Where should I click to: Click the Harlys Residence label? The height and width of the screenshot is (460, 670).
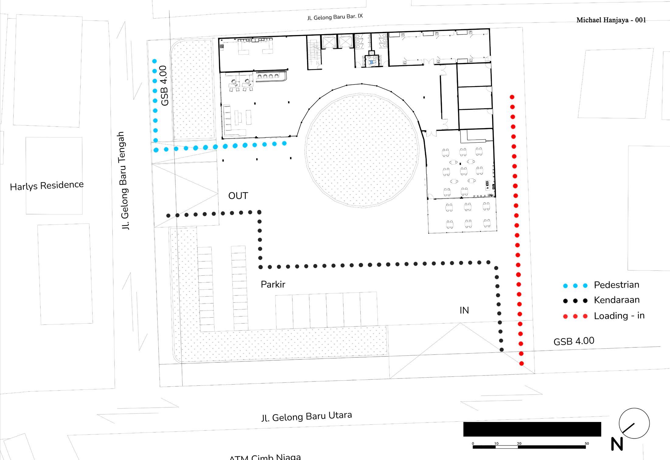click(47, 186)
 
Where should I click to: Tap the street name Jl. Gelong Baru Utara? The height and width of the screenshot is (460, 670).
click(306, 416)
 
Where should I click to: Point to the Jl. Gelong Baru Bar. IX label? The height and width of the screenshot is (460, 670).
click(335, 17)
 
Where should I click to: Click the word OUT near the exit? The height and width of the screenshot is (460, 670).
click(238, 196)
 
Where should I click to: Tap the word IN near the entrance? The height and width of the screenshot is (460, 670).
click(464, 310)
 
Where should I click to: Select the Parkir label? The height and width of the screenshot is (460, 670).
click(273, 284)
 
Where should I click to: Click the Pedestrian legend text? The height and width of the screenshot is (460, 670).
click(616, 285)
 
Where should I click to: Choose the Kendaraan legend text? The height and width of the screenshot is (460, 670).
click(616, 300)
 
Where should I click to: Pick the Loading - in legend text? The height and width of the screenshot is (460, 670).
click(619, 316)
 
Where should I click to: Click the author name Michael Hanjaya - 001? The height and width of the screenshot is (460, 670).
click(611, 20)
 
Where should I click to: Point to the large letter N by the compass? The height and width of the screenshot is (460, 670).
click(617, 444)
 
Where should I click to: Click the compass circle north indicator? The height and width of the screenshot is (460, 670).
click(634, 423)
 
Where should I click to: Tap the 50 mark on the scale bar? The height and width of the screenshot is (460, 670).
click(587, 444)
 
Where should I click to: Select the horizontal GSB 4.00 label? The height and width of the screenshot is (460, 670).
click(574, 341)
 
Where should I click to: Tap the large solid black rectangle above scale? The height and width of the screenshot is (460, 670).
click(532, 429)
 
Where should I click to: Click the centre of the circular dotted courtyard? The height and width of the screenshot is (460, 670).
click(362, 150)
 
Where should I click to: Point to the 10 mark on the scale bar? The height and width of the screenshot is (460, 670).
click(496, 444)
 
